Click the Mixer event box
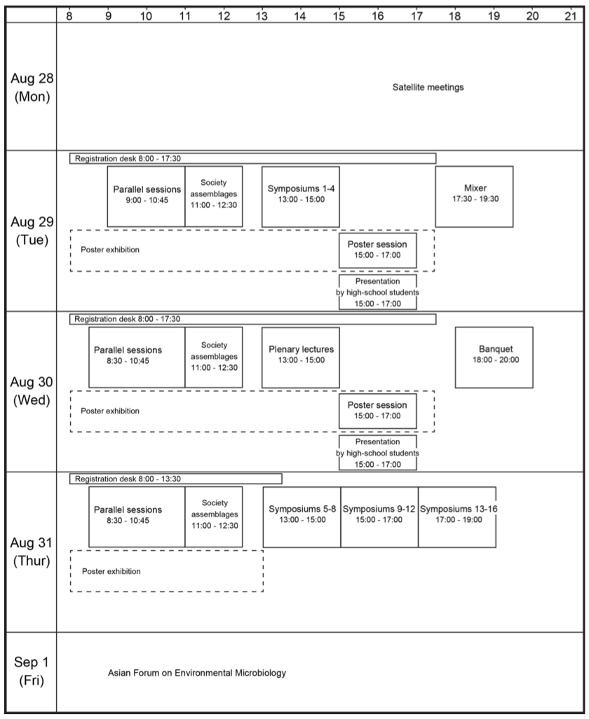tap(474, 197)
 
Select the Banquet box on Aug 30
tap(494, 357)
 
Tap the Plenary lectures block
tap(301, 357)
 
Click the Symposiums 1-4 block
tap(301, 197)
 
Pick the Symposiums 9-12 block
tap(379, 516)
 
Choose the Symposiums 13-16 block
tap(457, 516)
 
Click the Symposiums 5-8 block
tap(302, 516)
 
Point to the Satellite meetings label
tap(428, 87)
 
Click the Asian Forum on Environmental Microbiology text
tap(197, 673)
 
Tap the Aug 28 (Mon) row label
tap(32, 87)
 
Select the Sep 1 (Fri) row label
tap(31, 671)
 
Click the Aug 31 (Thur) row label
tap(31, 552)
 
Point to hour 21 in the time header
tap(571, 16)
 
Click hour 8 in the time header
tap(69, 16)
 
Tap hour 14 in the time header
tap(300, 16)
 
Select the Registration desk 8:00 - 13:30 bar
tap(176, 479)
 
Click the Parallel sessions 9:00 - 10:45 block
tap(147, 197)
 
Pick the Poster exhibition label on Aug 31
tap(111, 571)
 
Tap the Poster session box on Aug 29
tap(378, 250)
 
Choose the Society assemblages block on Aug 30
tap(214, 357)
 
